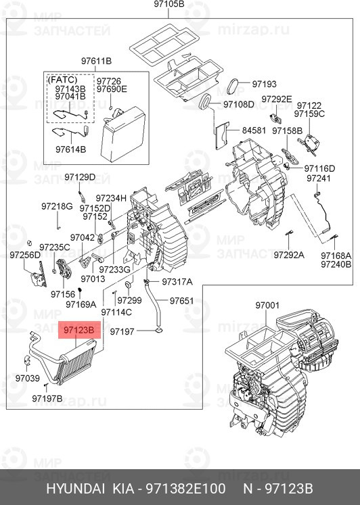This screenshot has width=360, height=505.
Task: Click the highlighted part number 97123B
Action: tap(79, 330)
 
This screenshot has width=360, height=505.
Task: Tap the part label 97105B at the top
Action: tap(169, 4)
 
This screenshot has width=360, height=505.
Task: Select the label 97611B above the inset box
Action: tap(96, 61)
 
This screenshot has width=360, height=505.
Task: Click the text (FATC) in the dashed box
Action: tap(62, 80)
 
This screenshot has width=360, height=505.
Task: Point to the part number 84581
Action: tap(254, 130)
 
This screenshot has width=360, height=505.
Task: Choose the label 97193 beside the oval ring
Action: tap(265, 84)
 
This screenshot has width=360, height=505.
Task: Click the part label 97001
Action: tap(267, 305)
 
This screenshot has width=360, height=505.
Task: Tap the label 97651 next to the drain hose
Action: tap(182, 301)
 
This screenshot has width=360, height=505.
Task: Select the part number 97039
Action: tap(27, 378)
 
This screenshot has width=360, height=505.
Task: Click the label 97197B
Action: tap(47, 398)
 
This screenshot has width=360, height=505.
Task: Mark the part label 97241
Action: tap(319, 178)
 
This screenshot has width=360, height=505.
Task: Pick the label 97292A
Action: tap(289, 255)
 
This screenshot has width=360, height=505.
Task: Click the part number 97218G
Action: tap(57, 206)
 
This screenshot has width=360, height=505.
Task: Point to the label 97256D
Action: tap(25, 255)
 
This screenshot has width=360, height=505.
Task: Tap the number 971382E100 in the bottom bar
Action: tap(186, 489)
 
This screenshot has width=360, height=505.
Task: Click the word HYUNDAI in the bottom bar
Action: tap(75, 489)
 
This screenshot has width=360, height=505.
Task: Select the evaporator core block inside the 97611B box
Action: tap(123, 135)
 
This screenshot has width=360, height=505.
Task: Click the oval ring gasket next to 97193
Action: tap(233, 86)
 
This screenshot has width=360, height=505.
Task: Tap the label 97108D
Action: tap(239, 104)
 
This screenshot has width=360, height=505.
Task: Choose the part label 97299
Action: tap(129, 300)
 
